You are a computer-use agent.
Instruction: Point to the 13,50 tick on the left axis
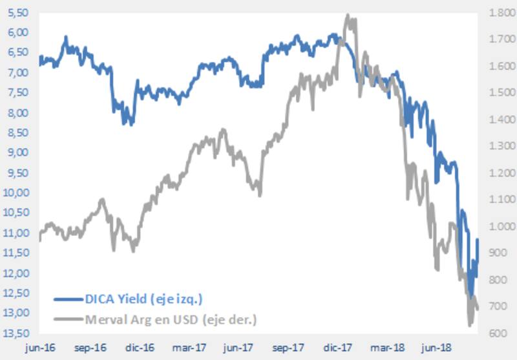point(18,334)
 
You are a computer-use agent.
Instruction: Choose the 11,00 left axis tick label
point(18,233)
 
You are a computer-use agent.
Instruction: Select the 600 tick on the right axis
point(498,334)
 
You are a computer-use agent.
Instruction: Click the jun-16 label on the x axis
point(39,348)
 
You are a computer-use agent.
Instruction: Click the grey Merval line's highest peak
point(348,15)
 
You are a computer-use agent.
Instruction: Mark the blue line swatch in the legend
point(68,299)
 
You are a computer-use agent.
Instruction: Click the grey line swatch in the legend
point(68,319)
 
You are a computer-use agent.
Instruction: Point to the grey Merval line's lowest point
point(470,325)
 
